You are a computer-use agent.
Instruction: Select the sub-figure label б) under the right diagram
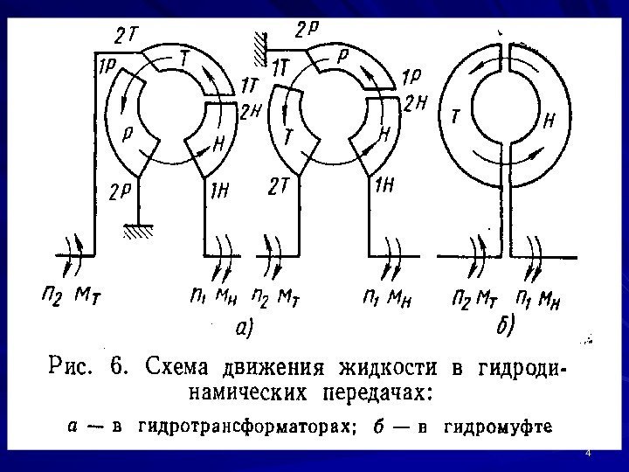[504, 324]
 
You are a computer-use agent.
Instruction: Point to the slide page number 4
[588, 453]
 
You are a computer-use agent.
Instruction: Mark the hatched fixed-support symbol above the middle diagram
[259, 51]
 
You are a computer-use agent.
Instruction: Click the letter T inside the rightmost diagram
[456, 115]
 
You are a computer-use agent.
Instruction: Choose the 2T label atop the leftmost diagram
[125, 36]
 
